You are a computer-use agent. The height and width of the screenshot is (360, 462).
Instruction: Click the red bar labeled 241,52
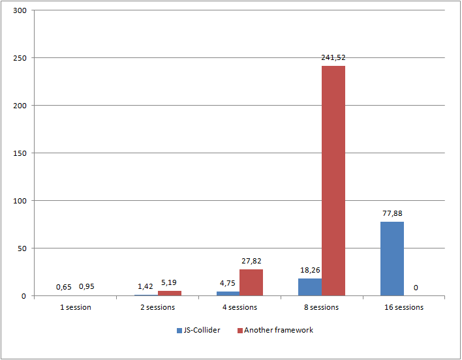tap(333, 181)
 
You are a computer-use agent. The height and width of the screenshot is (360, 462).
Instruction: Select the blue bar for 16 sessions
tap(392, 258)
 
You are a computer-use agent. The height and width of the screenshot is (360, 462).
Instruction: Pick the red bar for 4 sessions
tap(251, 282)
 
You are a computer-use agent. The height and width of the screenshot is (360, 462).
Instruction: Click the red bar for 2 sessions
tap(169, 293)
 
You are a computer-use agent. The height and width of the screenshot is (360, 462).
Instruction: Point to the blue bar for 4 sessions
tap(228, 293)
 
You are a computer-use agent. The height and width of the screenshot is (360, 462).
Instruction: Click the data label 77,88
tap(392, 213)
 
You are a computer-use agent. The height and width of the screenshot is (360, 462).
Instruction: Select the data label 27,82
tap(251, 261)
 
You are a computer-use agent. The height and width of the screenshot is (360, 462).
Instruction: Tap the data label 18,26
tap(309, 270)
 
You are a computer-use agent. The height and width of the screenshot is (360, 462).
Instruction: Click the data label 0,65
tap(64, 287)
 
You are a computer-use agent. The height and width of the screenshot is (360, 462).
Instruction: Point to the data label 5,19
tap(169, 282)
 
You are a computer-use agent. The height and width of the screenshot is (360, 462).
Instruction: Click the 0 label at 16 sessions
tap(416, 287)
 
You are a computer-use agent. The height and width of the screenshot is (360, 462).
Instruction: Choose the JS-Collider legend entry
tap(198, 331)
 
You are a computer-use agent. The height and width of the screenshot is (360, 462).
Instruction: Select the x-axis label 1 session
tap(75, 307)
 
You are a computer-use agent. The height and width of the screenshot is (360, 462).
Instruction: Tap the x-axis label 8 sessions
tap(321, 307)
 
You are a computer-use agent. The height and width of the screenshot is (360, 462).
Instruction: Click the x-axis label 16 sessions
tap(403, 307)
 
